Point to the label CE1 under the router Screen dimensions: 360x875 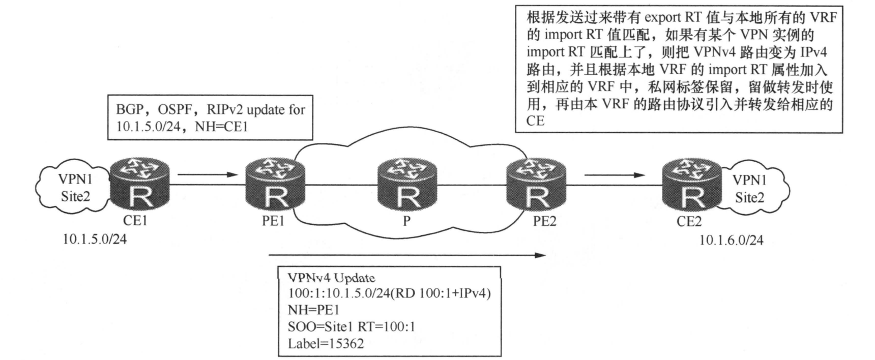(x=135, y=221)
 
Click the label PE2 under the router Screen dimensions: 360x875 (x=544, y=221)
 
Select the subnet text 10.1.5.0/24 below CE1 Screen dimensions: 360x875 (x=95, y=239)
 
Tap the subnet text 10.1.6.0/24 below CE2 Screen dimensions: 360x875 (x=731, y=240)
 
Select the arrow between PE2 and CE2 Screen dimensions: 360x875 (x=615, y=175)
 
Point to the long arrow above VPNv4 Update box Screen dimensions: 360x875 (x=407, y=255)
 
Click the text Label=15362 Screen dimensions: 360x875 (x=326, y=344)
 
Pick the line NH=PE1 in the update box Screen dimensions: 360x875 (x=313, y=310)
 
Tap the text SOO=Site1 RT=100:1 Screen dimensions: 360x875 (x=352, y=326)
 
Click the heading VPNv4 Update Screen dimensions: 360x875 (x=332, y=278)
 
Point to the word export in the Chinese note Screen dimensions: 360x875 (x=662, y=17)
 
